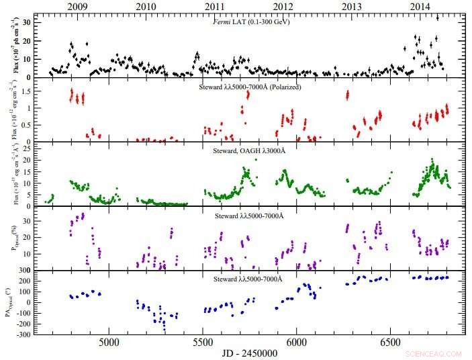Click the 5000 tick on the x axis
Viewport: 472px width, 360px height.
[x=109, y=342]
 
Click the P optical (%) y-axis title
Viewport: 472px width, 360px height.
[x=9, y=238]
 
